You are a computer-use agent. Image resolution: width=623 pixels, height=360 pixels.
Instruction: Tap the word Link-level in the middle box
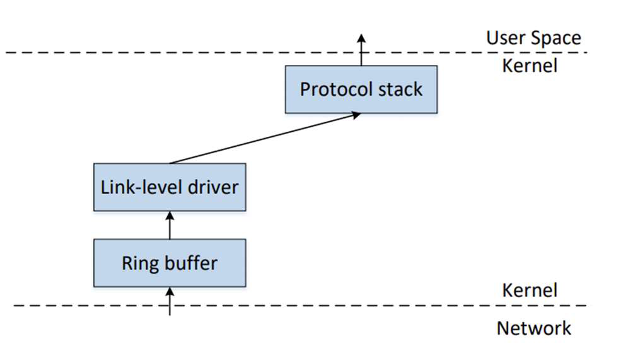point(138,187)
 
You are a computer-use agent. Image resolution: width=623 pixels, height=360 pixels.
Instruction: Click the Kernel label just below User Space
point(529,66)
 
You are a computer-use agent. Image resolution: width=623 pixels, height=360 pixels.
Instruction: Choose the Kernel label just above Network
point(529,290)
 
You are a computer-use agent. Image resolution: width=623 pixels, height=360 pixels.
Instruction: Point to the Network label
point(533,328)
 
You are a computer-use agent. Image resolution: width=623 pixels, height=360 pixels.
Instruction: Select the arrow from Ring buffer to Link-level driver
point(170,226)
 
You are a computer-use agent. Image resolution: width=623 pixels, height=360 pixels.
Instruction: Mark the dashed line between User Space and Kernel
point(189,52)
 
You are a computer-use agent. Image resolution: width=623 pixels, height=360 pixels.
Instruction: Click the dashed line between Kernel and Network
point(315,306)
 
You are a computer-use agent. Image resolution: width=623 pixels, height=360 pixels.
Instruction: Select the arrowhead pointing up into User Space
point(361,37)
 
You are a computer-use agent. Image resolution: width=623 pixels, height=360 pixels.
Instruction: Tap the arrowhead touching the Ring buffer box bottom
point(170,291)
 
